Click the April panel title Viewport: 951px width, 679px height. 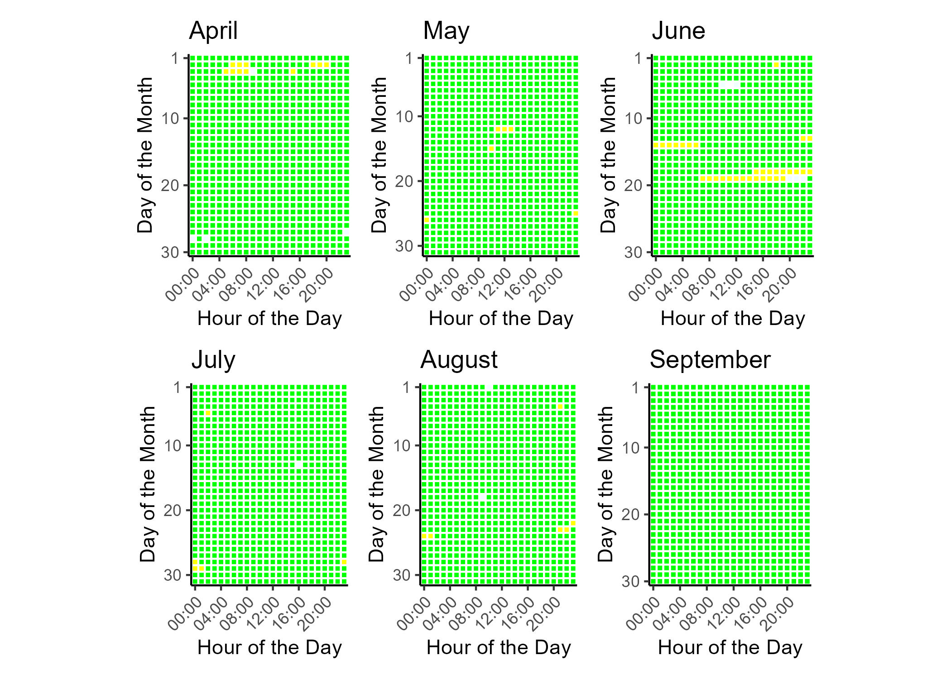(213, 31)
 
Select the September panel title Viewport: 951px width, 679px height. (710, 360)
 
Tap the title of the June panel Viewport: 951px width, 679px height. (678, 31)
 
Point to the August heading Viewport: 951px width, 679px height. (459, 360)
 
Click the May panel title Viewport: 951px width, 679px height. (446, 31)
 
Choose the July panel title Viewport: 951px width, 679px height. (213, 360)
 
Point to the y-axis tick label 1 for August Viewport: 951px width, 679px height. (406, 387)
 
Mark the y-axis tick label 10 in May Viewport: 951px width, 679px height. (405, 116)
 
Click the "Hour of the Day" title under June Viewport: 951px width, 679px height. (733, 319)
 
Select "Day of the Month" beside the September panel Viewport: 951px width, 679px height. (605, 484)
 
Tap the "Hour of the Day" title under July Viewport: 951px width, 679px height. (269, 648)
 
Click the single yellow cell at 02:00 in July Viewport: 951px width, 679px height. (208, 413)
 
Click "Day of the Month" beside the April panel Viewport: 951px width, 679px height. (145, 155)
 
